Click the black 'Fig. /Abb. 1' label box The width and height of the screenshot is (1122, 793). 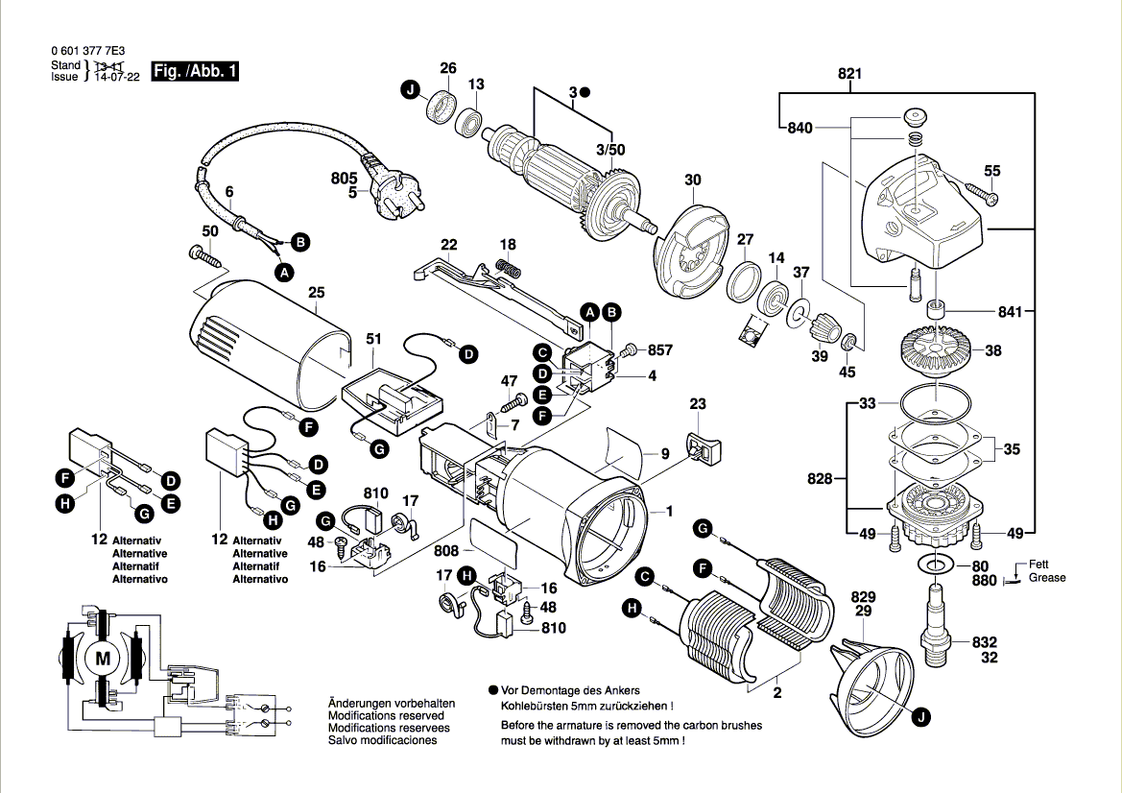tap(195, 71)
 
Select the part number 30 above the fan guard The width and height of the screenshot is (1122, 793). tap(693, 180)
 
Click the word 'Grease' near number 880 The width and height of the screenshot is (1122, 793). tap(1047, 578)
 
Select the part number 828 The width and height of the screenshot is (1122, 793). tap(820, 477)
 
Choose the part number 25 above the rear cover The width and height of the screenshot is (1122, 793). tap(317, 294)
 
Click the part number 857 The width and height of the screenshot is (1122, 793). tap(661, 350)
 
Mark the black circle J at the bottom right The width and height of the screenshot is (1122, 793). tap(920, 715)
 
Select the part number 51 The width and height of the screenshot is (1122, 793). tap(373, 339)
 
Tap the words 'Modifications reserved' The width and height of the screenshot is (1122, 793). tap(386, 716)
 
